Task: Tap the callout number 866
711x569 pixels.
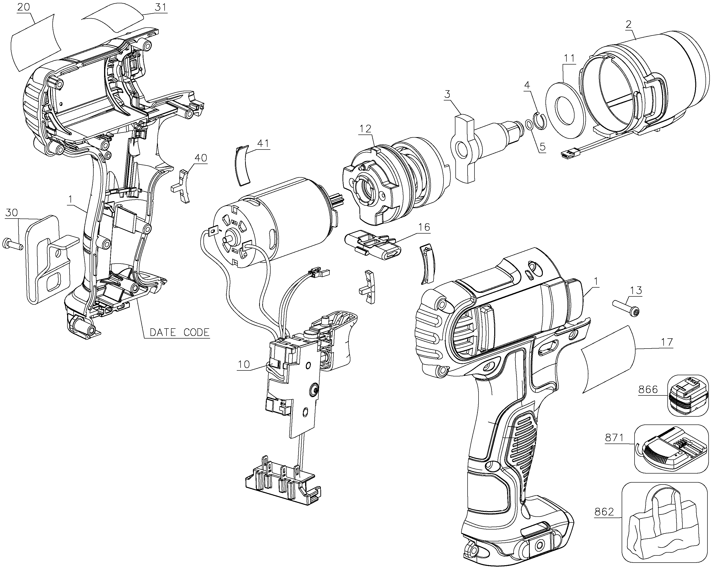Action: click(x=648, y=390)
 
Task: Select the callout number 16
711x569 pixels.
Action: click(x=424, y=227)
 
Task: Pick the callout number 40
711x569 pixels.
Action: click(x=201, y=158)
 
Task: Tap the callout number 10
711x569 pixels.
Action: click(x=244, y=364)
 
